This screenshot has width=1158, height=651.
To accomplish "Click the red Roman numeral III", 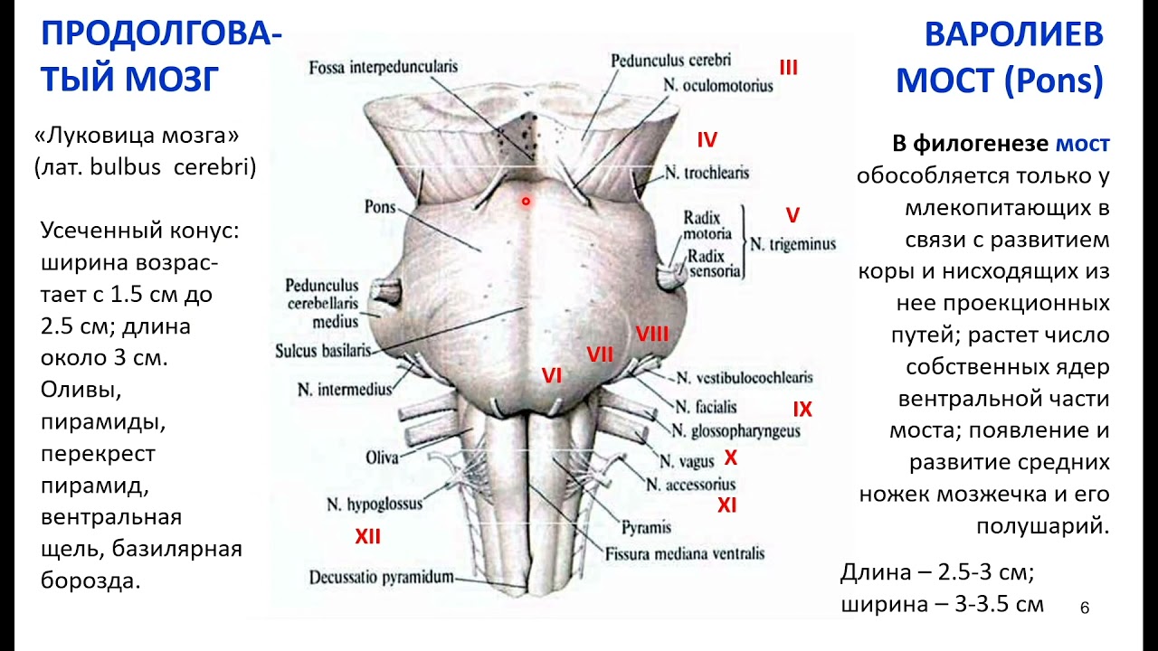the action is [788, 67].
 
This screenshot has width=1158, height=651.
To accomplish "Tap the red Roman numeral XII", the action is [367, 538].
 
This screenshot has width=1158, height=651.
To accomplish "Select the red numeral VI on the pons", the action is [552, 375].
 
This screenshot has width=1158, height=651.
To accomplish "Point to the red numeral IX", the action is [802, 410].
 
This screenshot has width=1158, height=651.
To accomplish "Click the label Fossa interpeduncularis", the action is [383, 67].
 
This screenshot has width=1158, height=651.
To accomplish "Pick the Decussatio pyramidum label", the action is [381, 577].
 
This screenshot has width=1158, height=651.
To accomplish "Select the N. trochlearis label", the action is [707, 172].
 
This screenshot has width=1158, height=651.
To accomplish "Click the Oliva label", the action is [382, 458].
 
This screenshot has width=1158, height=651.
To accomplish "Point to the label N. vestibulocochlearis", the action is [745, 377].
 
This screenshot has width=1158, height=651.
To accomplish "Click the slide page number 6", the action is [1085, 609].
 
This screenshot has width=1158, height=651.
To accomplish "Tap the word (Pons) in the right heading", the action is [1054, 81].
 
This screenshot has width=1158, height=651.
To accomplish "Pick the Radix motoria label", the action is [707, 225].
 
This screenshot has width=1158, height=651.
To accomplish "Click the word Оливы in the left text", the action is [81, 391].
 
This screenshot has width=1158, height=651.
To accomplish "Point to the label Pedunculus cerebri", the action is [670, 61].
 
